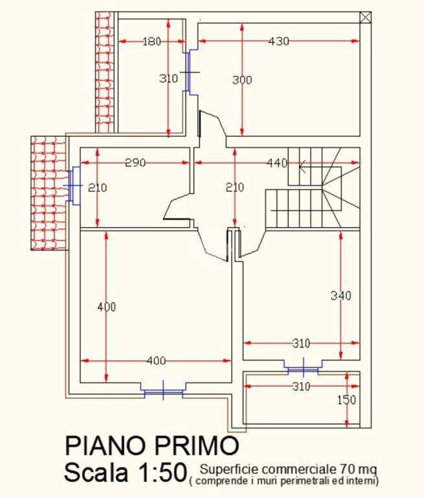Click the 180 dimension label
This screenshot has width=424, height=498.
[x=151, y=41]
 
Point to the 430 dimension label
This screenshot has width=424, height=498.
[x=278, y=41]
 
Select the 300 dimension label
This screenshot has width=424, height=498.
[x=242, y=80]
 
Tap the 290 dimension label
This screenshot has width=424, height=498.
[x=135, y=163]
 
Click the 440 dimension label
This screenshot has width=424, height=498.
[x=276, y=163]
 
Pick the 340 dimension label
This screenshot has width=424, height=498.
[x=340, y=296]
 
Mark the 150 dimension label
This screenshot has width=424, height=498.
[x=347, y=400]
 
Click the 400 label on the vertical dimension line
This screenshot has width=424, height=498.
[x=106, y=307]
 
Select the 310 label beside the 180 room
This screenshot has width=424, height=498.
[x=168, y=79]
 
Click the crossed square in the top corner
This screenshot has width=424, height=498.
[x=366, y=18]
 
